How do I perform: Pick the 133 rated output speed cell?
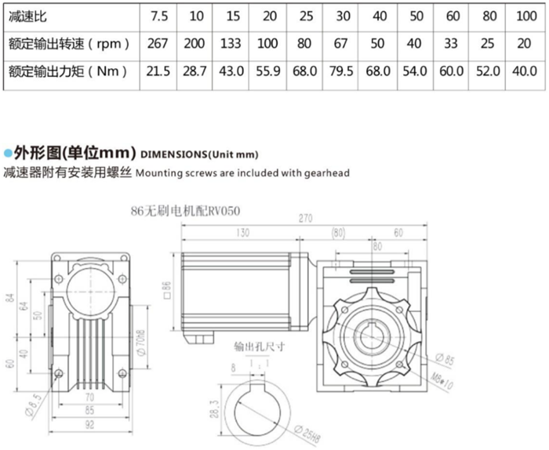[231, 43]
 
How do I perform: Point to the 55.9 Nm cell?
[268, 71]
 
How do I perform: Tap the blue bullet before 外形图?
[8, 152]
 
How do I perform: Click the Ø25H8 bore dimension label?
[304, 430]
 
